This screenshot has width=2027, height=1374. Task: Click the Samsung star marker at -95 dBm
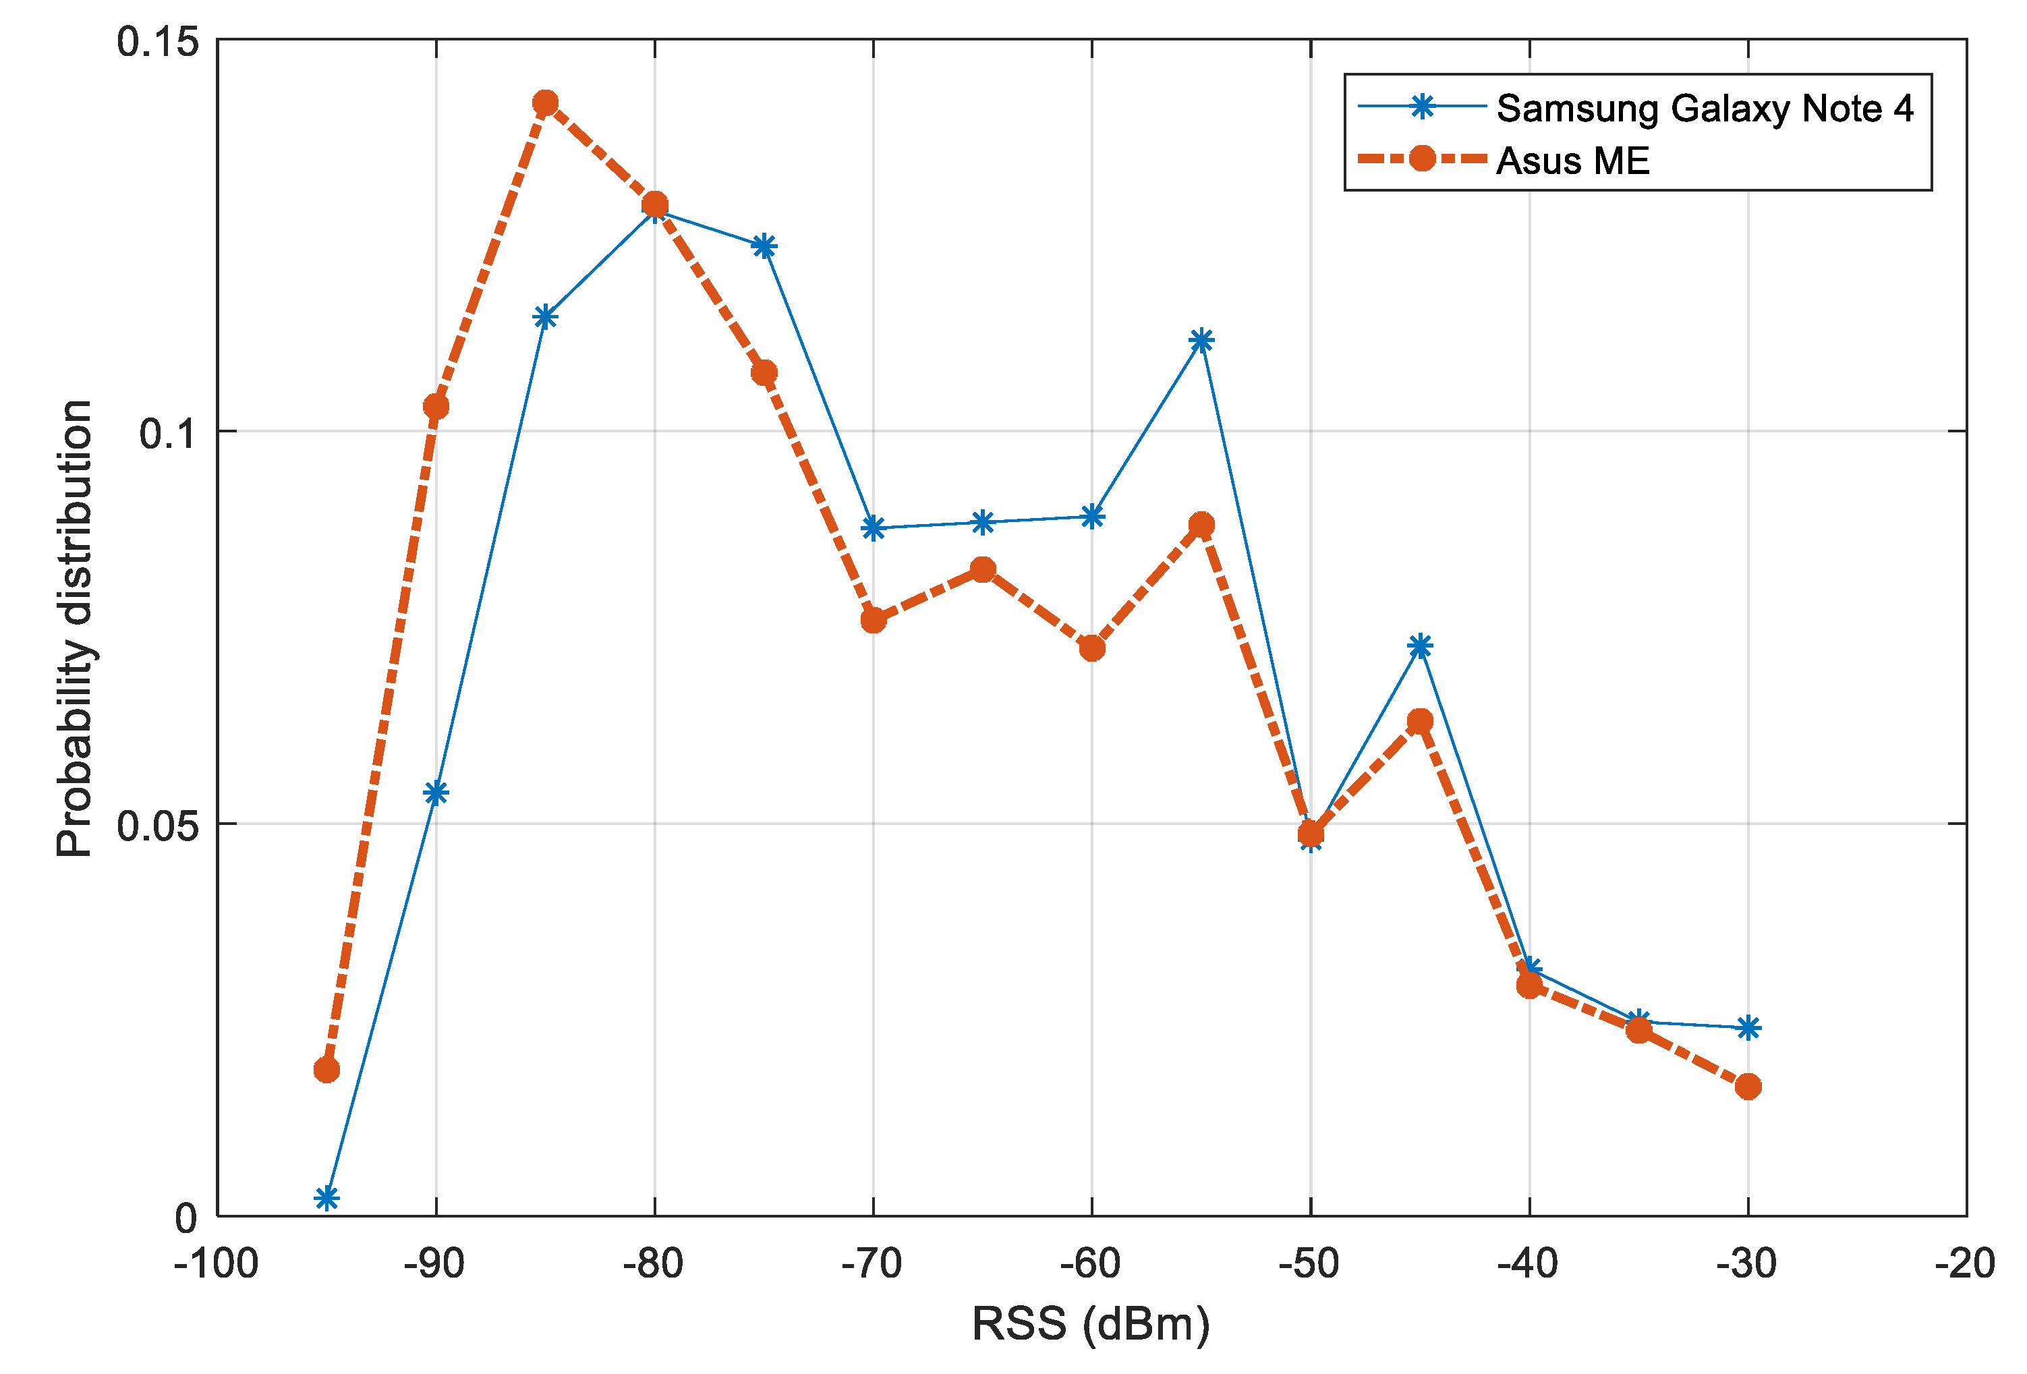coord(327,1198)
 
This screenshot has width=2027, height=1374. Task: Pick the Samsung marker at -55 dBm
coord(1201,340)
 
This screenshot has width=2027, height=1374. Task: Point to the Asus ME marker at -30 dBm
coord(1747,1086)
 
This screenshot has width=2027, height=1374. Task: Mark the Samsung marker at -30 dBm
coord(1747,1028)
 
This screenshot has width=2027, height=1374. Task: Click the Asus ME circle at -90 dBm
coord(436,407)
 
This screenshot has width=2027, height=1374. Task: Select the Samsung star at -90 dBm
coord(436,792)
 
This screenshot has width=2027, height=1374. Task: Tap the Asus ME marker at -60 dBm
coord(1092,648)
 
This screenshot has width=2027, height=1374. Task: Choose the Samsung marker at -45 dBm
coord(1420,646)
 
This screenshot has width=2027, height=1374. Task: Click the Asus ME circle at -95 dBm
coord(327,1070)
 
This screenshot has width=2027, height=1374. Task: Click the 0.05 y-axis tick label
coord(158,825)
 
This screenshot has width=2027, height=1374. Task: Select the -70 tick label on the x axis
coord(872,1263)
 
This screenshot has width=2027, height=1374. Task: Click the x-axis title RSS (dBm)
coord(1091,1324)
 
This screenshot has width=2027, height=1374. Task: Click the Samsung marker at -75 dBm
coord(764,247)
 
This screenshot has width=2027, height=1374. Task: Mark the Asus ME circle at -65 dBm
coord(983,570)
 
